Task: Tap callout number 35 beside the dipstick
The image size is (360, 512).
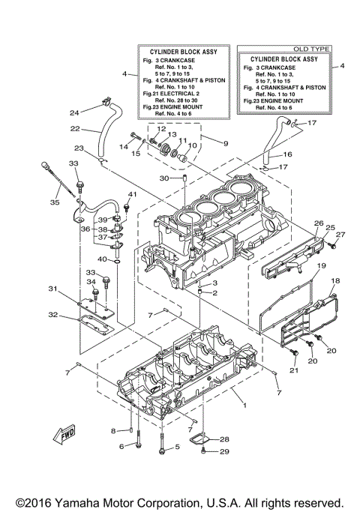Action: coord(55,202)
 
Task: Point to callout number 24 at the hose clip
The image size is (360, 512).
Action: coord(74,112)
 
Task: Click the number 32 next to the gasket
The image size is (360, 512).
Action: coord(53,315)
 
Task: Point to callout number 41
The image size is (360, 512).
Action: coord(129,195)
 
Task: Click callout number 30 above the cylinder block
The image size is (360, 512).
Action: coord(163,178)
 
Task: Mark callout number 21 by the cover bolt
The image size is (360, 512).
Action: coord(295,370)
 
